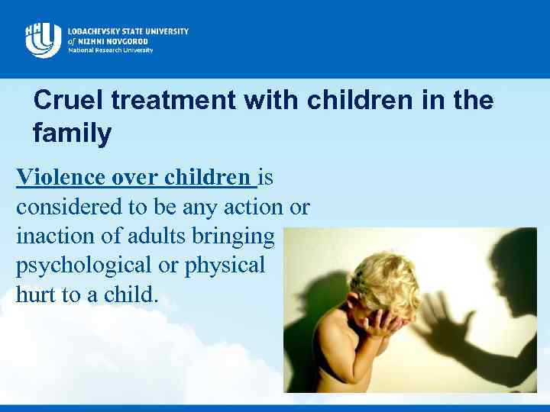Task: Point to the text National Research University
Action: [x=110, y=50]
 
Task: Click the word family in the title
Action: [x=72, y=134]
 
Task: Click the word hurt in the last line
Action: [x=34, y=295]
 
